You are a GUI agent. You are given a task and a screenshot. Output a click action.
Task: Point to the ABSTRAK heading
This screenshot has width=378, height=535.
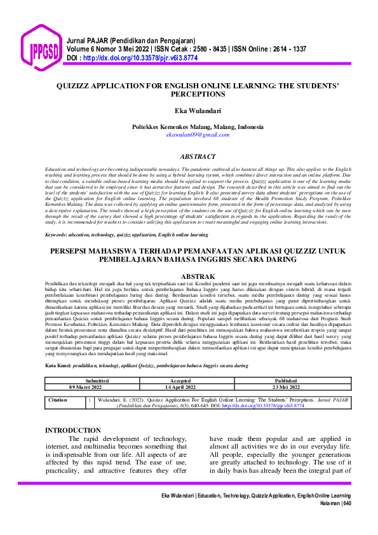(x=198, y=277)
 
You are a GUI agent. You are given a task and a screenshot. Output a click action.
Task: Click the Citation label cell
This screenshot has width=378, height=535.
(x=58, y=401)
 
